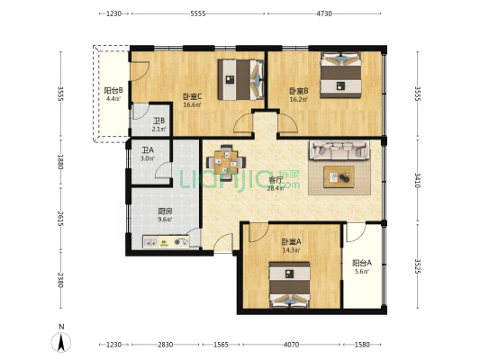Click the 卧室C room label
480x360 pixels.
point(192,97)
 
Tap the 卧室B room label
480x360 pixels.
point(299,91)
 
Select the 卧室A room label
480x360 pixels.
point(291,242)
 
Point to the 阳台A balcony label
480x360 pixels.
point(362,263)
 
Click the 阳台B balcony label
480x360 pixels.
point(113,91)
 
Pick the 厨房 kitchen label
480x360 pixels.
point(165,211)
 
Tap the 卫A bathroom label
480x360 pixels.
point(148,150)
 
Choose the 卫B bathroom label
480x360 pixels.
point(159,121)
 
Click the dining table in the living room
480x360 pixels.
point(226,162)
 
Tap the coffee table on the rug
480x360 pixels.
point(340,176)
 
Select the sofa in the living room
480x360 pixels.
point(340,150)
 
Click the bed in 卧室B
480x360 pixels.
point(340,76)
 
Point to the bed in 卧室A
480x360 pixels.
point(290,284)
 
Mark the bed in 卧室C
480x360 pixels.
point(241,79)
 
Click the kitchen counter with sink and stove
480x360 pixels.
point(166,242)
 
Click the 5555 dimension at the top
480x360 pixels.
point(198,13)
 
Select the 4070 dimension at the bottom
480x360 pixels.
point(291,345)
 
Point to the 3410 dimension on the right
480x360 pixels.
point(418,180)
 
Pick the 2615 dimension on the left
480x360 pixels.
point(60,219)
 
